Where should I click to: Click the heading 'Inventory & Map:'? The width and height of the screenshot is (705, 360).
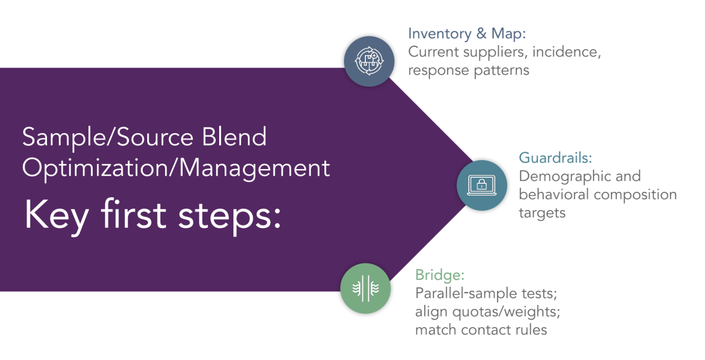(467, 34)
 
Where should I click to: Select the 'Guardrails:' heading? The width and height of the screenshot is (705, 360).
(555, 157)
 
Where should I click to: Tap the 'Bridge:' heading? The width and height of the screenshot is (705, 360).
(440, 275)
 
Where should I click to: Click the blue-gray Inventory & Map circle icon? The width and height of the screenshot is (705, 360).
(369, 61)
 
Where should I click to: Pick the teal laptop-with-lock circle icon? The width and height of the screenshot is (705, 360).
(481, 185)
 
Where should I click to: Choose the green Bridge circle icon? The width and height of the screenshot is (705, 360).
(365, 289)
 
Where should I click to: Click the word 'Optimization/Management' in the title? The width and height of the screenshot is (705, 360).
(176, 168)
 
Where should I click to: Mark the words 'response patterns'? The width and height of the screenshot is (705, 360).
(468, 70)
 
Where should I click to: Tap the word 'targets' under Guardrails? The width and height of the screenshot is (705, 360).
(542, 213)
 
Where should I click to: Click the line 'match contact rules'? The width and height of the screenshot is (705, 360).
(481, 330)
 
